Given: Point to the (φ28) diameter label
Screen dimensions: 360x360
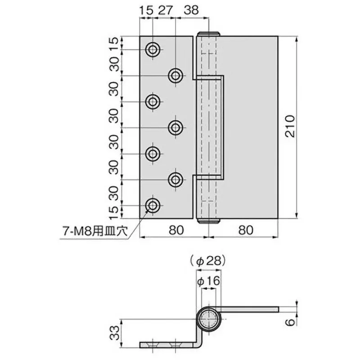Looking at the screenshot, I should (x=207, y=260).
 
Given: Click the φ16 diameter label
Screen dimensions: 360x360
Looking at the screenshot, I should (x=207, y=281).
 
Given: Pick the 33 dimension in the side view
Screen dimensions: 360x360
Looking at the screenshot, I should (x=114, y=333).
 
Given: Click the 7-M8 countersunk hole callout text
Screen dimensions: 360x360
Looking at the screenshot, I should (x=95, y=232).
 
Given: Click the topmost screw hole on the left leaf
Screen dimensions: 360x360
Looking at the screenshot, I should (x=153, y=49).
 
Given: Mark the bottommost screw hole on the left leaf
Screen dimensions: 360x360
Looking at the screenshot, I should (x=153, y=206).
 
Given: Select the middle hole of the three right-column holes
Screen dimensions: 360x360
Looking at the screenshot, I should (x=175, y=128).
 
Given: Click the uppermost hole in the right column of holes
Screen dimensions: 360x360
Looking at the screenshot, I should (x=175, y=76).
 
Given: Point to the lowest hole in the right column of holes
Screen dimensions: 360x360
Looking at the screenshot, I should (x=175, y=180).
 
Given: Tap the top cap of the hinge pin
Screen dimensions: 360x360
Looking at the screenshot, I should (x=208, y=34).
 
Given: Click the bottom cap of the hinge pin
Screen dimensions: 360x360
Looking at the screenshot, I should (x=208, y=220).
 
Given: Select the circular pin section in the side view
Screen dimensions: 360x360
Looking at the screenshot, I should (x=208, y=320).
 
